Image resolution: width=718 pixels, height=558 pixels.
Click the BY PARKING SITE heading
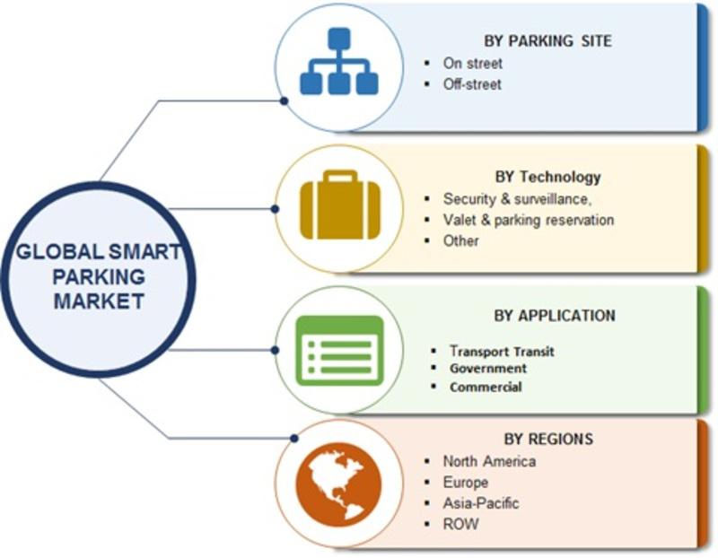click(x=547, y=40)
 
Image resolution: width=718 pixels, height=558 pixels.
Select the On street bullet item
click(x=473, y=63)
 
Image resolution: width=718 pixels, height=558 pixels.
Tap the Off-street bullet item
click(x=472, y=84)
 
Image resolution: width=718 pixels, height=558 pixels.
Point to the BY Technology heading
click(x=547, y=177)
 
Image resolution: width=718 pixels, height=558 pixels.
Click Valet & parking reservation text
click(x=529, y=220)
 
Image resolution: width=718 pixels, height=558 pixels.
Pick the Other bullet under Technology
click(x=460, y=240)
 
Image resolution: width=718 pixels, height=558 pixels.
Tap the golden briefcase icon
click(x=340, y=205)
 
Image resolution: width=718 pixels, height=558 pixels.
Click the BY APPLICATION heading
click(x=555, y=316)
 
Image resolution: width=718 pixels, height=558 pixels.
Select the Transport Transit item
click(x=502, y=351)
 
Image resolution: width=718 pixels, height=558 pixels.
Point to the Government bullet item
click(x=488, y=368)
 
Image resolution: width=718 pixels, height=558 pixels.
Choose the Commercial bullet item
click(x=486, y=387)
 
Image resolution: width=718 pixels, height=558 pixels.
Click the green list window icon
click(x=340, y=351)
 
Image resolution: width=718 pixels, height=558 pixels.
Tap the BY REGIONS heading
click(x=548, y=439)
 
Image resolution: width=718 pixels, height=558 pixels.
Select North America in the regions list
click(x=489, y=461)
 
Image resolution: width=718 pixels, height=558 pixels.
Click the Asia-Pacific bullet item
click(x=481, y=503)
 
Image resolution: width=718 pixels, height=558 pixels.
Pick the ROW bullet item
click(x=460, y=524)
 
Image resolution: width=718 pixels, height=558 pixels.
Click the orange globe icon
click(x=338, y=485)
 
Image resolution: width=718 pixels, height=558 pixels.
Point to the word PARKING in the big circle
click(x=100, y=277)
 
